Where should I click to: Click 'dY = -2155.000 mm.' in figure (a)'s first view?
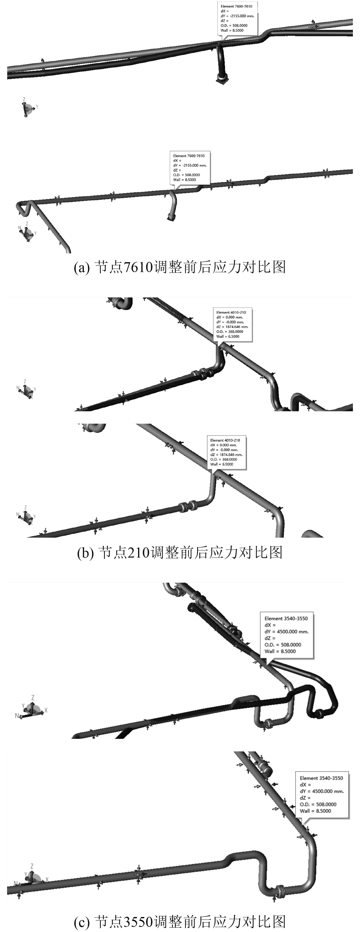tap(237, 16)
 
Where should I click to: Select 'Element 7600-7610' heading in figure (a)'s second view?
tap(189, 156)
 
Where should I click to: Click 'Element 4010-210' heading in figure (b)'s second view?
tap(225, 440)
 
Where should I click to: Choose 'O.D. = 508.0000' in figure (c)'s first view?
tap(283, 645)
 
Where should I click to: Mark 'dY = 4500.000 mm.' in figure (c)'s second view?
tap(322, 791)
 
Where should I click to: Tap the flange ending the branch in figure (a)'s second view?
tap(170, 217)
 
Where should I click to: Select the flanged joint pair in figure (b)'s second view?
tap(187, 507)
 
